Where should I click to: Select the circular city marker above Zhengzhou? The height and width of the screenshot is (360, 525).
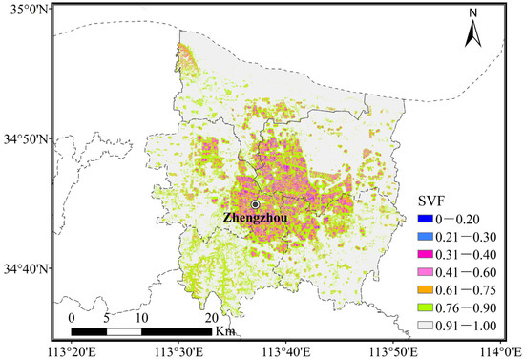click(255, 204)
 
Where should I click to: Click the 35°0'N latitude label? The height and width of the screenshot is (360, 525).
click(26, 10)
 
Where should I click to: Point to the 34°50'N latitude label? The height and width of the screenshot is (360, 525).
click(26, 139)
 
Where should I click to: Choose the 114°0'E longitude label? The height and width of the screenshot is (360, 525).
click(498, 349)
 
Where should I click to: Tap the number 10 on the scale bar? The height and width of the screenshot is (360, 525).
click(141, 318)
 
